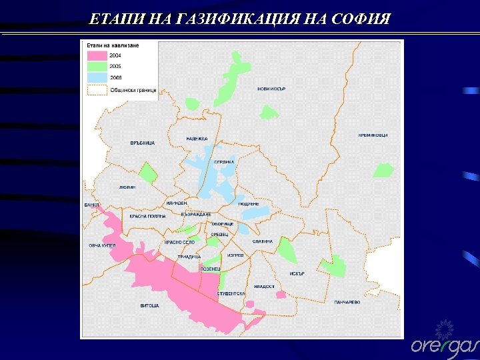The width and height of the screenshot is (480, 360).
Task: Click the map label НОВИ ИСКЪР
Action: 271,89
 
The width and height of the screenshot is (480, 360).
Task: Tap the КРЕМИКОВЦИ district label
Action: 373,135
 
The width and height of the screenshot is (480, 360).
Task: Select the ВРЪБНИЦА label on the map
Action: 143,143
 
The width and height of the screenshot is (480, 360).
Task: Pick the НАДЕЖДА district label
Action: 197,139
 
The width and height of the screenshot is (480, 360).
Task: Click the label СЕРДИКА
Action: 224,162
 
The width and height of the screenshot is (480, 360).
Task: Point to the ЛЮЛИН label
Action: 127,187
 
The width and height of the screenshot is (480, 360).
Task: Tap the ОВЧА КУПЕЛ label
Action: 103,245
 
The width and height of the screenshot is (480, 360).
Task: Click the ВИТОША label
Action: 149,305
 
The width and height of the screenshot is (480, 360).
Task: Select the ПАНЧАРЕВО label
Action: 347,302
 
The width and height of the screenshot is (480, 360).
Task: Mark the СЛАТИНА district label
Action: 263,241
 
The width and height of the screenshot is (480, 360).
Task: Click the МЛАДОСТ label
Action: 264,286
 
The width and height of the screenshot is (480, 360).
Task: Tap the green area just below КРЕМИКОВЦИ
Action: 383,169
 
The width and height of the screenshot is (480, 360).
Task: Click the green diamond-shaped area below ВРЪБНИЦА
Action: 147,173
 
